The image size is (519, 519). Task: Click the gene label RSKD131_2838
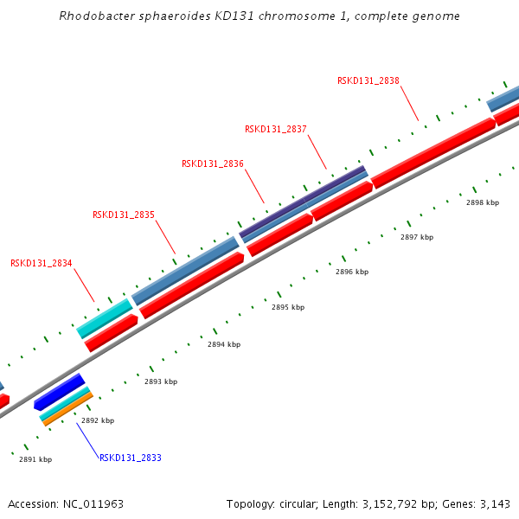point(368,80)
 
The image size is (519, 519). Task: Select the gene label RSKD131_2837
point(275,129)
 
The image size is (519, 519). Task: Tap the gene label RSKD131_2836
point(212,163)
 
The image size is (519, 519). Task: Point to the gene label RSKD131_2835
point(123,215)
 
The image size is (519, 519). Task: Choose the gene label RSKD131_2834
point(41,263)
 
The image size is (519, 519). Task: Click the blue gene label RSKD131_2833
point(130,458)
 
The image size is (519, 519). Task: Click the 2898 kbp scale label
point(482,202)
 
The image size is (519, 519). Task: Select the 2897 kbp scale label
point(416,236)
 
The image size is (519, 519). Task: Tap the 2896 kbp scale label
point(351,272)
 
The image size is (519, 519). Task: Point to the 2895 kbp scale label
point(287,307)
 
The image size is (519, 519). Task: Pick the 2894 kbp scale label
point(223,344)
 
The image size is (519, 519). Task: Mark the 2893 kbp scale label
point(160,381)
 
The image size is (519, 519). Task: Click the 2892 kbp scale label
point(97,420)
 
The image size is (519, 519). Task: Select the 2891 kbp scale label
point(35,459)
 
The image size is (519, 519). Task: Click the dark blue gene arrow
point(59,392)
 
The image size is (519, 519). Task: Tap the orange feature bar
point(68,409)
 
